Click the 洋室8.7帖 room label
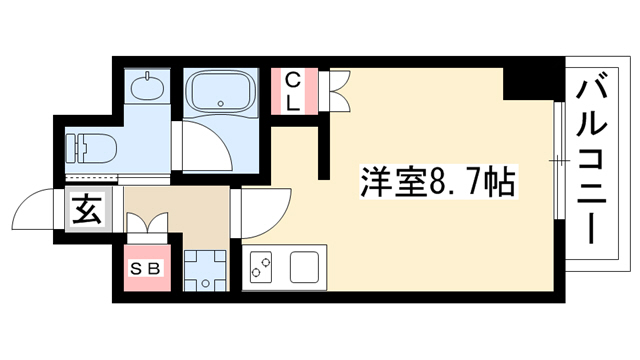point(438,182)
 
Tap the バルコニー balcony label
point(591,162)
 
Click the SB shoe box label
point(146,269)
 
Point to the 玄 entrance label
point(87,209)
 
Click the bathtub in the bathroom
point(221,91)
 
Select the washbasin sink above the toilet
point(147,85)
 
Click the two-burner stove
point(261,267)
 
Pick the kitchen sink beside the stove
point(304,267)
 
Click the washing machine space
point(204,271)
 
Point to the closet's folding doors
point(338,91)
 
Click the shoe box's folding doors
point(147,222)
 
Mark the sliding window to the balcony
point(560,160)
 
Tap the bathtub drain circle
point(221,104)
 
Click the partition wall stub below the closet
point(324,148)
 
